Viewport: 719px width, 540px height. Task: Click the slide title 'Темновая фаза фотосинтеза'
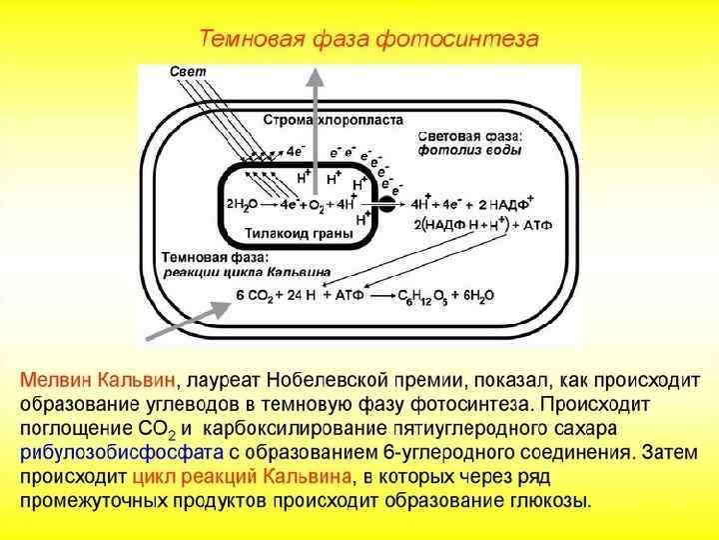pyautogui.click(x=369, y=40)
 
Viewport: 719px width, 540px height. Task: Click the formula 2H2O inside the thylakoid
pyautogui.click(x=244, y=204)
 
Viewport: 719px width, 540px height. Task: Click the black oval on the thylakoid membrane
pyautogui.click(x=385, y=206)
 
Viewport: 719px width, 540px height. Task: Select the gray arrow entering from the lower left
pyautogui.click(x=185, y=317)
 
